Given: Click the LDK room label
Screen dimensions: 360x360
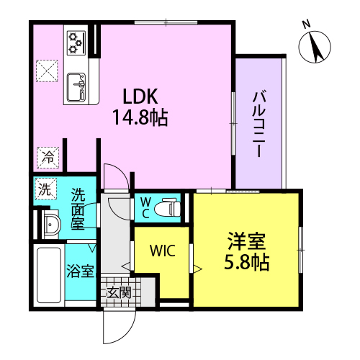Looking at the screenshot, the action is (140, 96).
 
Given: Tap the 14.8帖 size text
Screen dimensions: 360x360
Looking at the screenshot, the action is (140, 117).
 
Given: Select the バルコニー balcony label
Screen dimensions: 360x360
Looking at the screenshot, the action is (259, 125).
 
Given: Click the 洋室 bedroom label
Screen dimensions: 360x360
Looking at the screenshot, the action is (246, 241).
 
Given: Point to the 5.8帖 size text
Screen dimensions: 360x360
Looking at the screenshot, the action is (246, 262).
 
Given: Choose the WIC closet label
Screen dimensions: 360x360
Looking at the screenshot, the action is (163, 251).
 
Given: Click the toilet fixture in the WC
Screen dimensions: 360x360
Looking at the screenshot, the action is (167, 207).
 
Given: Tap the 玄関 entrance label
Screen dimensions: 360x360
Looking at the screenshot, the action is (119, 292).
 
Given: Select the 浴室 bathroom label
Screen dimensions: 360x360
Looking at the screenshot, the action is (80, 271).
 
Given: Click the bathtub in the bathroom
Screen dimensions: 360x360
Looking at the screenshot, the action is (49, 275).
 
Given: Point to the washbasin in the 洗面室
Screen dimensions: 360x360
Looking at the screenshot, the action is (51, 225).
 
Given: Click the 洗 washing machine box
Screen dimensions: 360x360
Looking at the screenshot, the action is (45, 189).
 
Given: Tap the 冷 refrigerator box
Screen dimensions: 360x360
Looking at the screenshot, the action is (48, 158).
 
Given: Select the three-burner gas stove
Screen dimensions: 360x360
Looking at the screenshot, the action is (76, 42).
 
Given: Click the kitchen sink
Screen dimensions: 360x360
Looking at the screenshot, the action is (76, 87).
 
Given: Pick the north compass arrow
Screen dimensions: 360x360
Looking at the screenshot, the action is (316, 48).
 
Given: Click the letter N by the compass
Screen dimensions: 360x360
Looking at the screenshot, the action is (306, 24).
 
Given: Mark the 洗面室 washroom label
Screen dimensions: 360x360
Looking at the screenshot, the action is (78, 209).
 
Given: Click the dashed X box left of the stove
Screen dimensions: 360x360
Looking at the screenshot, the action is (47, 71).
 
